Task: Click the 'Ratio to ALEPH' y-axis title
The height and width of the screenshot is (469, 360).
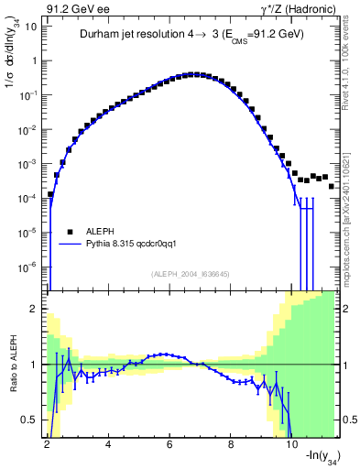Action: click(x=12, y=365)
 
